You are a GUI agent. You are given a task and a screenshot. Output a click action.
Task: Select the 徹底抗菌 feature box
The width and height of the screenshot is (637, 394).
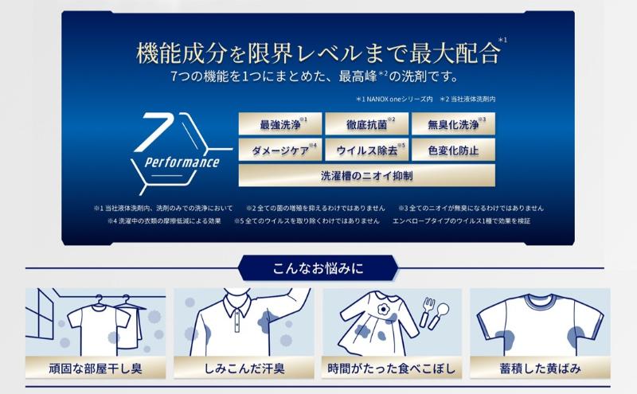365,124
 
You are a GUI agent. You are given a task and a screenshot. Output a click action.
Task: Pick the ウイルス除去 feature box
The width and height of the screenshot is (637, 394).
365,149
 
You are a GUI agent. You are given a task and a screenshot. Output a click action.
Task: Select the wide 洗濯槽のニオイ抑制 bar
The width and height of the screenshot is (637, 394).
365,175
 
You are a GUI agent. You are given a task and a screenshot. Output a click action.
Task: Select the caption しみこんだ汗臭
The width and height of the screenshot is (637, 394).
244,369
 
